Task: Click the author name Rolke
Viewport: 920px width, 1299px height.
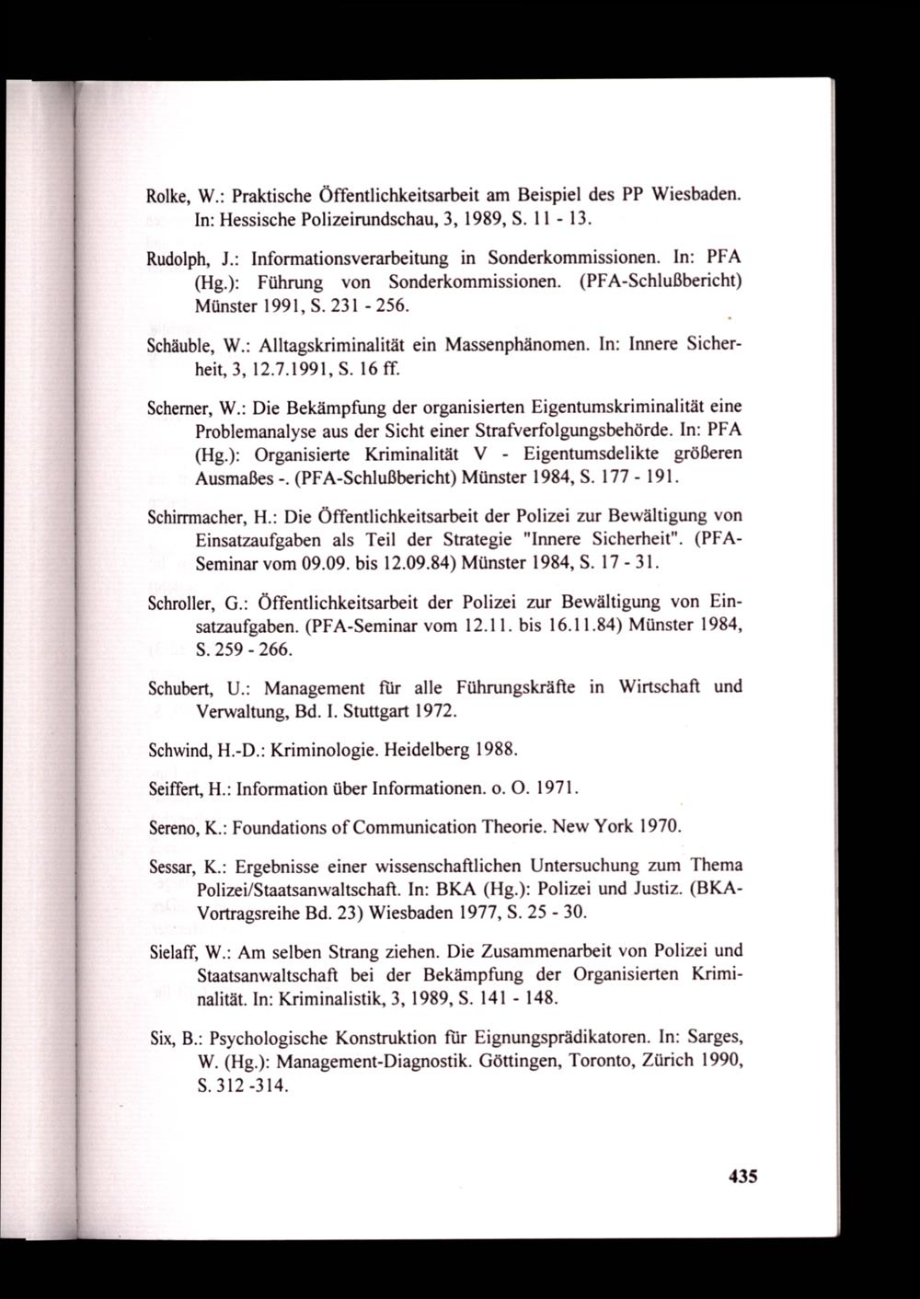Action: point(167,196)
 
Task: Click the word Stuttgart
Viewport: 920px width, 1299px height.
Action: point(337,711)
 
